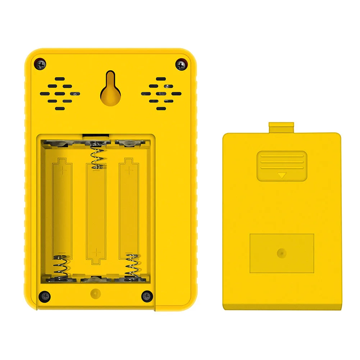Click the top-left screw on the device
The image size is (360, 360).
coord(41,65)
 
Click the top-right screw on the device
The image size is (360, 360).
coord(181,65)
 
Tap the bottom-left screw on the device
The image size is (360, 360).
coord(45,296)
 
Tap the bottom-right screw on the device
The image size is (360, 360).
coord(147,296)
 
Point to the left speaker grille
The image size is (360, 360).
coord(60,94)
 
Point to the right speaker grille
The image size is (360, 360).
coord(161,94)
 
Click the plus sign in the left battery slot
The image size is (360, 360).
coord(64,170)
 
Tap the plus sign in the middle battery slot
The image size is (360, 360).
coord(96,252)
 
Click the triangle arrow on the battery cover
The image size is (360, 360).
coord(282,176)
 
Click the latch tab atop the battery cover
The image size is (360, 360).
coord(281,127)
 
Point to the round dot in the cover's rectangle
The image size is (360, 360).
coord(282,253)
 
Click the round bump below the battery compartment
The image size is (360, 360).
coord(95,293)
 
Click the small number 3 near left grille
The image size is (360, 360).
coord(75,94)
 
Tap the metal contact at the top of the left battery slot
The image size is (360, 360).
coord(58,143)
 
